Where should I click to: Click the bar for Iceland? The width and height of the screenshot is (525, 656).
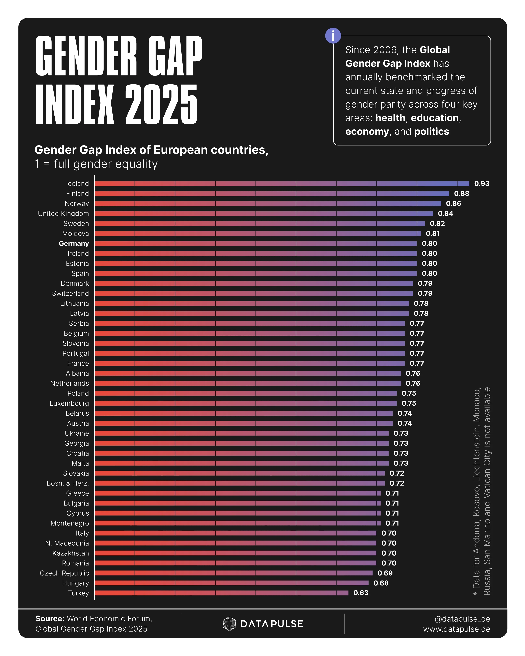[282, 184]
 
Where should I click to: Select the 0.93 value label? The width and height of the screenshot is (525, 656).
[482, 184]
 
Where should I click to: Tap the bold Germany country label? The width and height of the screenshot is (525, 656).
[74, 243]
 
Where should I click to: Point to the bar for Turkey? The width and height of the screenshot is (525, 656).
[221, 593]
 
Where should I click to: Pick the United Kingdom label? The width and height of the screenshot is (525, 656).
[63, 214]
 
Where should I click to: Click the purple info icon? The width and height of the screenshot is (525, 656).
[333, 36]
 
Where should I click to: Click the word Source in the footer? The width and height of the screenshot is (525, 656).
[50, 619]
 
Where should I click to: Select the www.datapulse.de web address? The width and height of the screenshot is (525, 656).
[456, 629]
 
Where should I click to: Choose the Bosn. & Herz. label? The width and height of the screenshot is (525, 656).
[68, 483]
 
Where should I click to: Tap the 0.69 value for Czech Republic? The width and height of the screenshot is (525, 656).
[385, 573]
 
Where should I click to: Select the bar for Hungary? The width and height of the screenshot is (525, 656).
[231, 583]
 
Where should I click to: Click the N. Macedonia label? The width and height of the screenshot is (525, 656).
[67, 543]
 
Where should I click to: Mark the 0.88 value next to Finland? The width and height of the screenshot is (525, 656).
[461, 194]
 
